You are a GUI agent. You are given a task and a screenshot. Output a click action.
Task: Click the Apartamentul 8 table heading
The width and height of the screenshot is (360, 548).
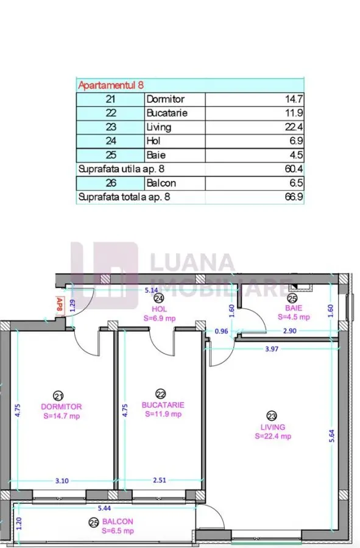[x=111, y=85]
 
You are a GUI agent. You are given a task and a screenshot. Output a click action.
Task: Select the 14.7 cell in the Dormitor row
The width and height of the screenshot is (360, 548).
[x=294, y=99]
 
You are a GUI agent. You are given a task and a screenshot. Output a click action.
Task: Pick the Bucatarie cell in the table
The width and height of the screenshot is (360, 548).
[x=167, y=113]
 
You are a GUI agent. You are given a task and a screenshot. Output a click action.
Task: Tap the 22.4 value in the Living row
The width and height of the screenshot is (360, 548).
[x=294, y=127]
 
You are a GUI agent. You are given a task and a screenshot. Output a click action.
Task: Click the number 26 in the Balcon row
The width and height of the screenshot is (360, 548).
[x=111, y=183]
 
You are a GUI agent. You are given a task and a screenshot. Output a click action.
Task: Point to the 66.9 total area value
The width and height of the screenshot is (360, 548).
[x=294, y=197]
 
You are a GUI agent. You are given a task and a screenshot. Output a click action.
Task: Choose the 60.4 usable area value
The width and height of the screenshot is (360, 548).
[x=294, y=169]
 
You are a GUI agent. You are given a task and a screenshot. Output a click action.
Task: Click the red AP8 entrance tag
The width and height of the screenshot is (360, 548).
[x=60, y=305]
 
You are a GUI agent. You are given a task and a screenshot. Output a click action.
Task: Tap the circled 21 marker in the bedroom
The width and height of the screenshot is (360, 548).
[x=58, y=396]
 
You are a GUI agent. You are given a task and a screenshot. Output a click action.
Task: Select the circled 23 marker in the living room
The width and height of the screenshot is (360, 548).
[x=272, y=416]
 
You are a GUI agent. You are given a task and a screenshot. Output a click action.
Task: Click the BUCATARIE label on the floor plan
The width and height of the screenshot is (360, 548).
[x=163, y=405]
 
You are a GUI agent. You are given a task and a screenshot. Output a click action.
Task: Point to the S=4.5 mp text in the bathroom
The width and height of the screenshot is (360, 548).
[x=294, y=317]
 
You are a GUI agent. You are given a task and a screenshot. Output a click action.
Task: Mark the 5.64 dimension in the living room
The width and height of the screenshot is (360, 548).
[x=332, y=436]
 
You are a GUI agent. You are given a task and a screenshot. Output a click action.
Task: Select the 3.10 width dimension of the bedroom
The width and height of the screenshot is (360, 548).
[x=62, y=481]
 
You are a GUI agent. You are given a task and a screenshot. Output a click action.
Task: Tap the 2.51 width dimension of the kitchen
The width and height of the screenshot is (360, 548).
[x=160, y=480]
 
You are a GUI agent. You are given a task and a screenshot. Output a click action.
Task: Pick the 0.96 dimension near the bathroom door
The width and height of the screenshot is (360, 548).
[x=221, y=331]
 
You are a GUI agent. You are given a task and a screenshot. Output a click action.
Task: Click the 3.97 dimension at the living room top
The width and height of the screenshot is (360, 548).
[x=272, y=349]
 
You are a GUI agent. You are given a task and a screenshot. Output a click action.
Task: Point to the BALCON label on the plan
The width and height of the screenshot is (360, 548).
[x=118, y=521]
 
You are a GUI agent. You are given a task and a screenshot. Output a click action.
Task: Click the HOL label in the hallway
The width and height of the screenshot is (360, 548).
[x=160, y=309]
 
